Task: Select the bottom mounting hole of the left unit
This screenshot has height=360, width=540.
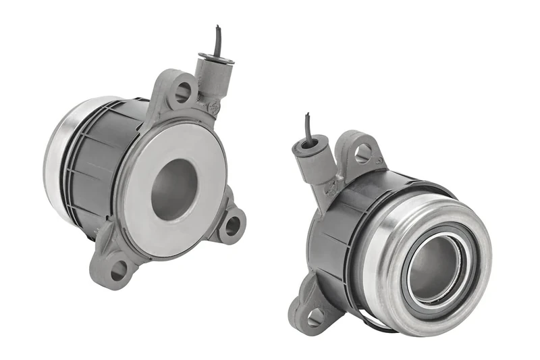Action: (x=119, y=269)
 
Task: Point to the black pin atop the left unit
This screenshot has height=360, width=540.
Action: (x=217, y=41)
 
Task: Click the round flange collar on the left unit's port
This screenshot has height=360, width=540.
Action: (x=217, y=59)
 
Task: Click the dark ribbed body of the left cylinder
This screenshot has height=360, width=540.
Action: (x=101, y=169)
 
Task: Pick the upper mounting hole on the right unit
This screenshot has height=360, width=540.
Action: (x=362, y=154)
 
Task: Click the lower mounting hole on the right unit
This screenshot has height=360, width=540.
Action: (x=315, y=315)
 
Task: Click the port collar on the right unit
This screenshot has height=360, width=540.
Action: (x=310, y=145)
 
